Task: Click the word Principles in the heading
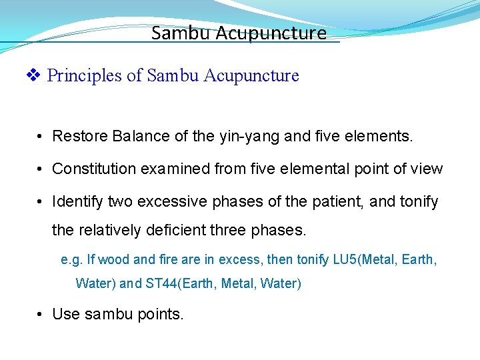coord(85,76)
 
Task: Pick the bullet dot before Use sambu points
coord(41,314)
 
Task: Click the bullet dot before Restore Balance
coord(41,137)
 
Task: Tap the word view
coord(427,169)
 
